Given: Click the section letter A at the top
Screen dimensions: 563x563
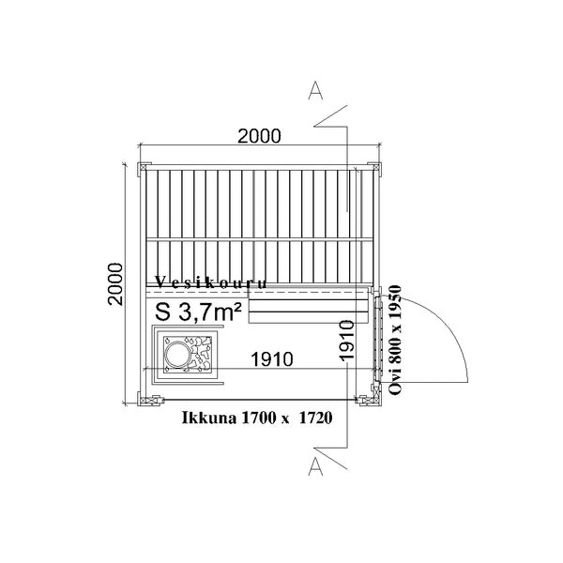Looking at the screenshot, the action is [315, 90].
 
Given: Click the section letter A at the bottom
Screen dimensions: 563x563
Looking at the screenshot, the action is [315, 466].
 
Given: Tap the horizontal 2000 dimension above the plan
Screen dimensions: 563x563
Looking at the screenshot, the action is [259, 136].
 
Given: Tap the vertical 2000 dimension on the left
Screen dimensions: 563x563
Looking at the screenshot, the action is [115, 283].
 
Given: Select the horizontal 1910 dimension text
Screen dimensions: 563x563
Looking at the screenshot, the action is [272, 359].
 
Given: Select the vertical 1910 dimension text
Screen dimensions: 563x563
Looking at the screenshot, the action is [347, 340].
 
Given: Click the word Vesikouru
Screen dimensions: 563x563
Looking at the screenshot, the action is [211, 282].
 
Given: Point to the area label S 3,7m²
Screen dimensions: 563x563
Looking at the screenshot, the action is [198, 312].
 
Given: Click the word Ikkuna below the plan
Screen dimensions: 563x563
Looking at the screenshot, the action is [209, 418].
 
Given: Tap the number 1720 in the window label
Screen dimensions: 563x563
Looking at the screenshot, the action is [315, 418].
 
